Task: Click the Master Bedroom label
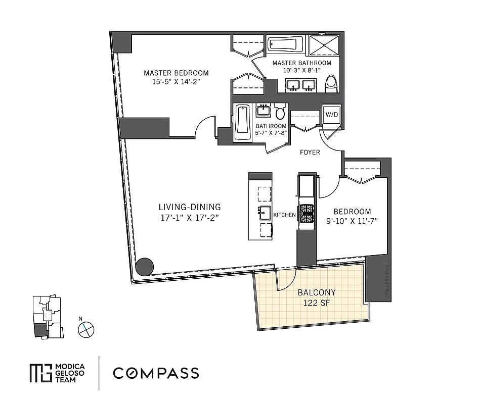click(x=176, y=73)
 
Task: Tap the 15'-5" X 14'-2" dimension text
click(x=176, y=82)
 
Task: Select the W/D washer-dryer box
click(x=332, y=115)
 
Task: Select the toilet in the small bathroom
click(x=280, y=113)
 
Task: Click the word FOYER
click(x=310, y=152)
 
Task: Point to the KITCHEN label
click(x=284, y=215)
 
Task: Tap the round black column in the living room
click(x=145, y=266)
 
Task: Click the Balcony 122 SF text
click(x=317, y=297)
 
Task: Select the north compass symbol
click(x=86, y=329)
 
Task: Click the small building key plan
click(x=46, y=317)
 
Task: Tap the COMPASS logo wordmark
click(x=156, y=374)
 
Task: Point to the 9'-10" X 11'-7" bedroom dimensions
click(x=352, y=221)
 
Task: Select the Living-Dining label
click(x=190, y=207)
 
